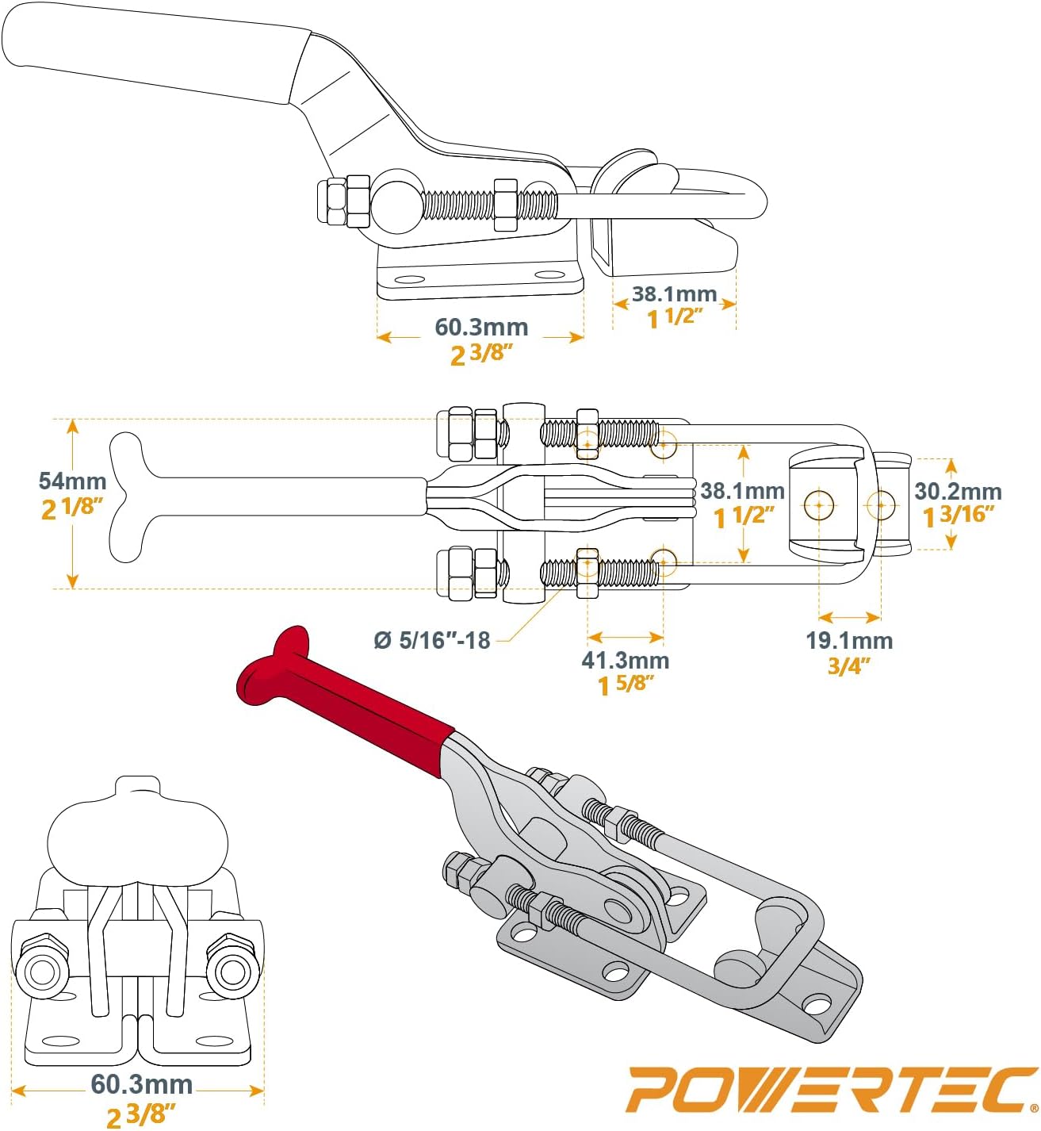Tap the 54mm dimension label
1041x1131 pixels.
tap(72, 481)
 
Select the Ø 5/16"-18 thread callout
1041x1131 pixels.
tap(432, 641)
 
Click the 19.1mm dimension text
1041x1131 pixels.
tap(849, 641)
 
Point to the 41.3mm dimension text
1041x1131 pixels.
tap(625, 660)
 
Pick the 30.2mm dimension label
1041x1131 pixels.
tap(958, 491)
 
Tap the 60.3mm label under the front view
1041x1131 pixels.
tap(141, 1084)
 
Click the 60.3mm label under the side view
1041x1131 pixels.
tap(480, 327)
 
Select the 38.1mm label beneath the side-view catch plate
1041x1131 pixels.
tap(674, 293)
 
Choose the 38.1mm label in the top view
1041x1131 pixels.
tap(742, 490)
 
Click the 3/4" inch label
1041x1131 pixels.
tap(848, 666)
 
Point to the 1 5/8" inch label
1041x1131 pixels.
tap(625, 685)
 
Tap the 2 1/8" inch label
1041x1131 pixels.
tap(72, 508)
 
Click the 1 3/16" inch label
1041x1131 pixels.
tap(958, 516)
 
